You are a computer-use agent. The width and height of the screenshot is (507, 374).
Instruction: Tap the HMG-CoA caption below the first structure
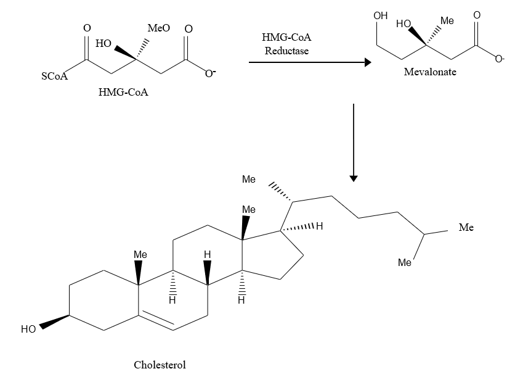[x=123, y=93]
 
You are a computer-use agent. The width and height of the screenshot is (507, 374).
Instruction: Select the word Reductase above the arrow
[x=286, y=51]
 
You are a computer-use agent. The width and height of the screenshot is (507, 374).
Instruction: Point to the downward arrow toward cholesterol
[x=354, y=143]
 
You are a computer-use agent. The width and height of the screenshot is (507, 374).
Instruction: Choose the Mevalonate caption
[x=430, y=72]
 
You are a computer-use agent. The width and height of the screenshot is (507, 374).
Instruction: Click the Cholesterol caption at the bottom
[x=160, y=364]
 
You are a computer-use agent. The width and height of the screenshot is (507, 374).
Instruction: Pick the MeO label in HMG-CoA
[x=159, y=28]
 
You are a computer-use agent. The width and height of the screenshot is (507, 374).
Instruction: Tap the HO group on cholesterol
[x=28, y=330]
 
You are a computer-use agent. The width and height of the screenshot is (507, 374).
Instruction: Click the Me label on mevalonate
[x=447, y=21]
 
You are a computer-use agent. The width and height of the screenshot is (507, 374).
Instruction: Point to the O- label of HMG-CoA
[x=211, y=74]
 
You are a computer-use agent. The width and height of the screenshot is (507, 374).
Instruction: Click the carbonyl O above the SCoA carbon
[x=87, y=28]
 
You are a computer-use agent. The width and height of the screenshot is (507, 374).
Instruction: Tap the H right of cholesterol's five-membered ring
[x=319, y=227]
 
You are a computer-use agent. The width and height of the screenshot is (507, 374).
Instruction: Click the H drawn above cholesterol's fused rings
[x=208, y=254]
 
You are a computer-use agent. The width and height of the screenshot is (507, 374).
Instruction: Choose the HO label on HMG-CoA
[x=103, y=44]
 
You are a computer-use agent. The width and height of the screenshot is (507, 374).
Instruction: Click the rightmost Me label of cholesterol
[x=466, y=228]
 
